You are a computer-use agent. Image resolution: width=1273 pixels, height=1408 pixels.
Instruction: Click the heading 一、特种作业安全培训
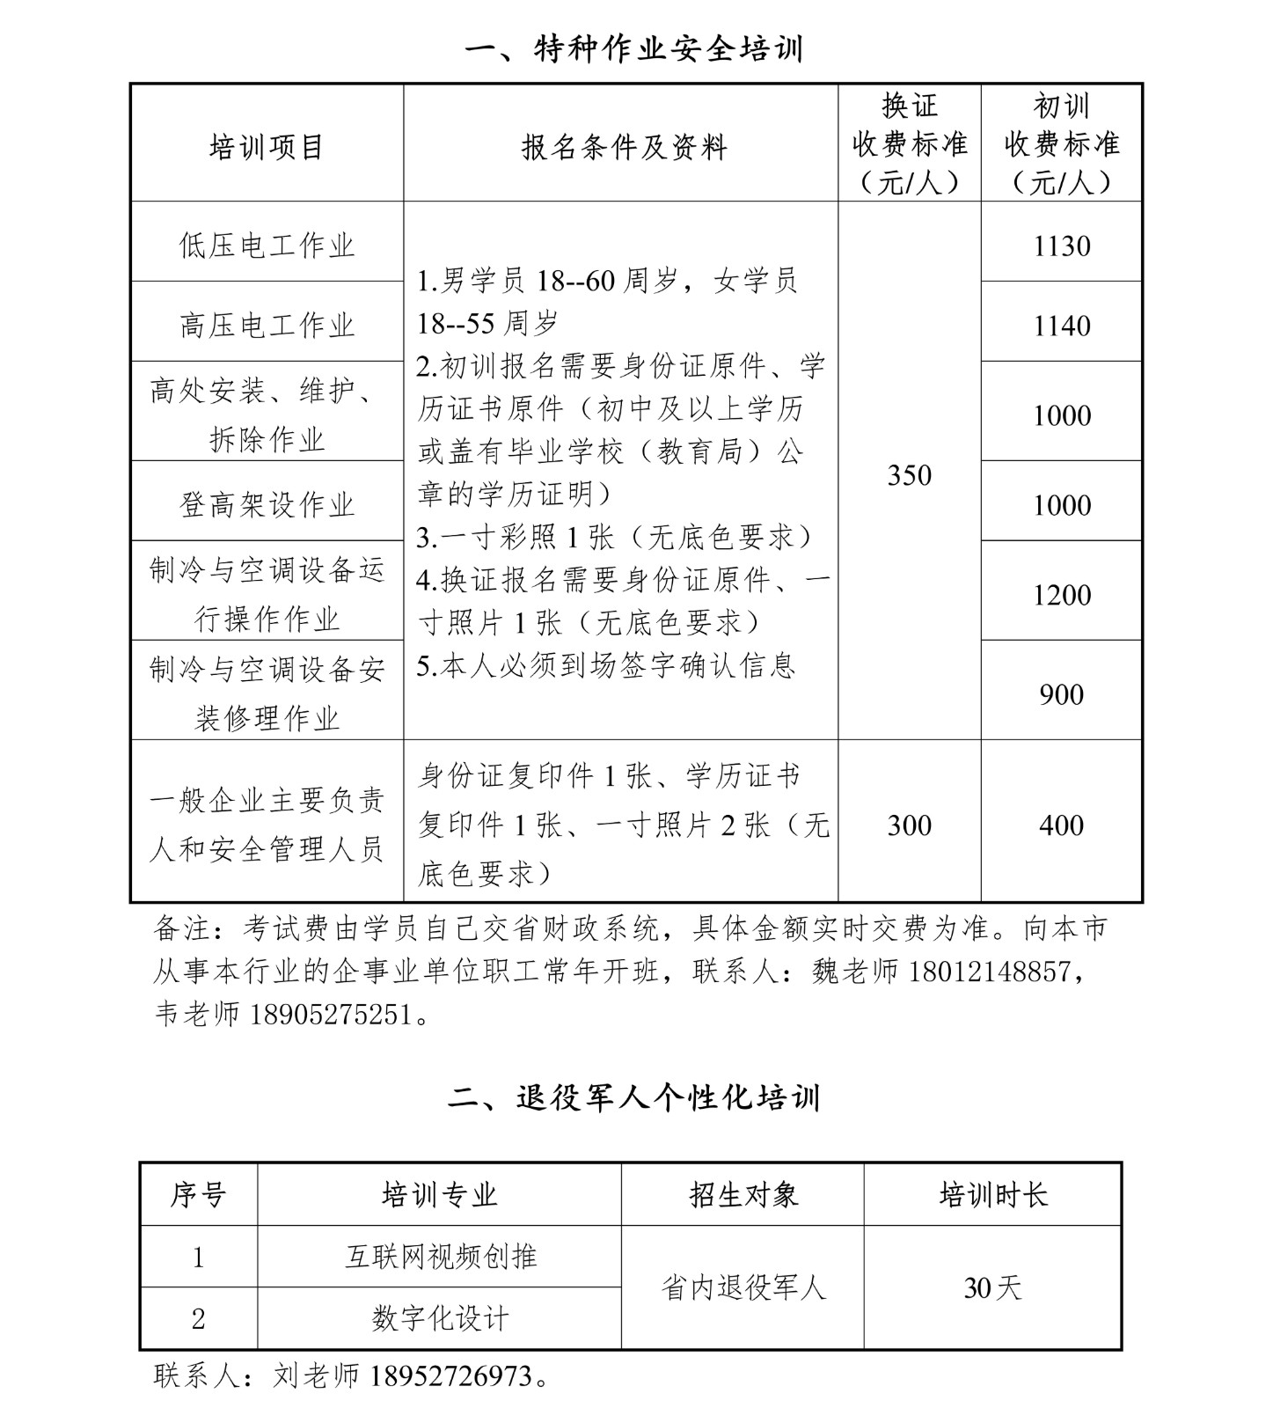pyautogui.click(x=634, y=49)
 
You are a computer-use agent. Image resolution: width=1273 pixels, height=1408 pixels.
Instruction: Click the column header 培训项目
pyautogui.click(x=267, y=146)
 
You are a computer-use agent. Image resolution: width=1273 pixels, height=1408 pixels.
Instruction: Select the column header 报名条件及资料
pyautogui.click(x=624, y=146)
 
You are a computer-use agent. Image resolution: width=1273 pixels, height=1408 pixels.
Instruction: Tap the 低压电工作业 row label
pyautogui.click(x=267, y=245)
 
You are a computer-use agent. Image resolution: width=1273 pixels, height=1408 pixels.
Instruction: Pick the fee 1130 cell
pyautogui.click(x=1062, y=246)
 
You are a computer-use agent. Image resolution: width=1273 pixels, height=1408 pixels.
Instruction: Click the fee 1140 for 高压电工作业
pyautogui.click(x=1062, y=326)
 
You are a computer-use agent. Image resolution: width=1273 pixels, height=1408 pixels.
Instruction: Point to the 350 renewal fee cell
pyautogui.click(x=909, y=475)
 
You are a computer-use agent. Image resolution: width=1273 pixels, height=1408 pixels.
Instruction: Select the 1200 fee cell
pyautogui.click(x=1062, y=595)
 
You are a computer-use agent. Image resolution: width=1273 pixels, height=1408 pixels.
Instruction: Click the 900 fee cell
pyautogui.click(x=1062, y=694)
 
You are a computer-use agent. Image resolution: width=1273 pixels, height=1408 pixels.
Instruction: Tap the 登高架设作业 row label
pyautogui.click(x=267, y=504)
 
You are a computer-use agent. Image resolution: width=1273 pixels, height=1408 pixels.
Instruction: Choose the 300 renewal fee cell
pyautogui.click(x=909, y=825)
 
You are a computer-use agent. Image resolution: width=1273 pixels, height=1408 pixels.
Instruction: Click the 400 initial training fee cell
pyautogui.click(x=1062, y=825)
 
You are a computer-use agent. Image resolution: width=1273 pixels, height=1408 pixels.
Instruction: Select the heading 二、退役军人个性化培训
pyautogui.click(x=634, y=1097)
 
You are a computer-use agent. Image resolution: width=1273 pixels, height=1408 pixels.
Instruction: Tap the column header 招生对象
pyautogui.click(x=743, y=1195)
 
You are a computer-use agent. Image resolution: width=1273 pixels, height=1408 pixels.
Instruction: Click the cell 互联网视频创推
pyautogui.click(x=440, y=1257)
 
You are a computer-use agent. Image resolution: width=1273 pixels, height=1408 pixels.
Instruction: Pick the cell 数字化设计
pyautogui.click(x=440, y=1318)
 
